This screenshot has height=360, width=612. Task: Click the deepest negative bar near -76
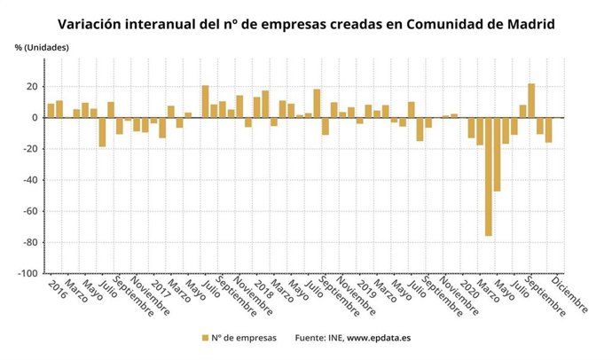[489, 176]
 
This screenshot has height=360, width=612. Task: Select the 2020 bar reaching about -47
[497, 154]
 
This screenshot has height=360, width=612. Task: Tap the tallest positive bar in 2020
[531, 100]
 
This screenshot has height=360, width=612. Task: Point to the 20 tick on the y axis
[31, 87]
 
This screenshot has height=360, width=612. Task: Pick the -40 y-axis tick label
[29, 180]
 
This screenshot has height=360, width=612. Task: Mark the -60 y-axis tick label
[29, 211]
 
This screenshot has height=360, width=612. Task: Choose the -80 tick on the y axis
[29, 242]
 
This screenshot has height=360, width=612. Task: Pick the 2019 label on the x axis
[364, 289]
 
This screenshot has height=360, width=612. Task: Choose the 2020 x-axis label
[467, 289]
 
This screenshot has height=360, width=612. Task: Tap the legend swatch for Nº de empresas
[205, 338]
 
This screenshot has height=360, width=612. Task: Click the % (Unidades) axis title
[40, 46]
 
